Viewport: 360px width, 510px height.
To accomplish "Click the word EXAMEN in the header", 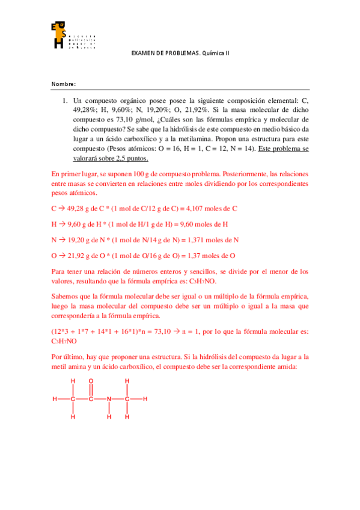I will (143, 53).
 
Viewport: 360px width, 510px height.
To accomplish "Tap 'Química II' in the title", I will (215, 53).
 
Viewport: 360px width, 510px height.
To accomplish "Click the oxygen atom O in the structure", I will (91, 381).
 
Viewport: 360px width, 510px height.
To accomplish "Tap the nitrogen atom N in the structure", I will (109, 399).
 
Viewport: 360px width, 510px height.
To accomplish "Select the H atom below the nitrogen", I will (109, 416).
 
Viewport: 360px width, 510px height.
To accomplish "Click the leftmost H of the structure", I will (55, 399).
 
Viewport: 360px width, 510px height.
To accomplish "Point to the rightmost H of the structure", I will (145, 399).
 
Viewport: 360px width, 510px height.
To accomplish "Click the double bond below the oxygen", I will (91, 390).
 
